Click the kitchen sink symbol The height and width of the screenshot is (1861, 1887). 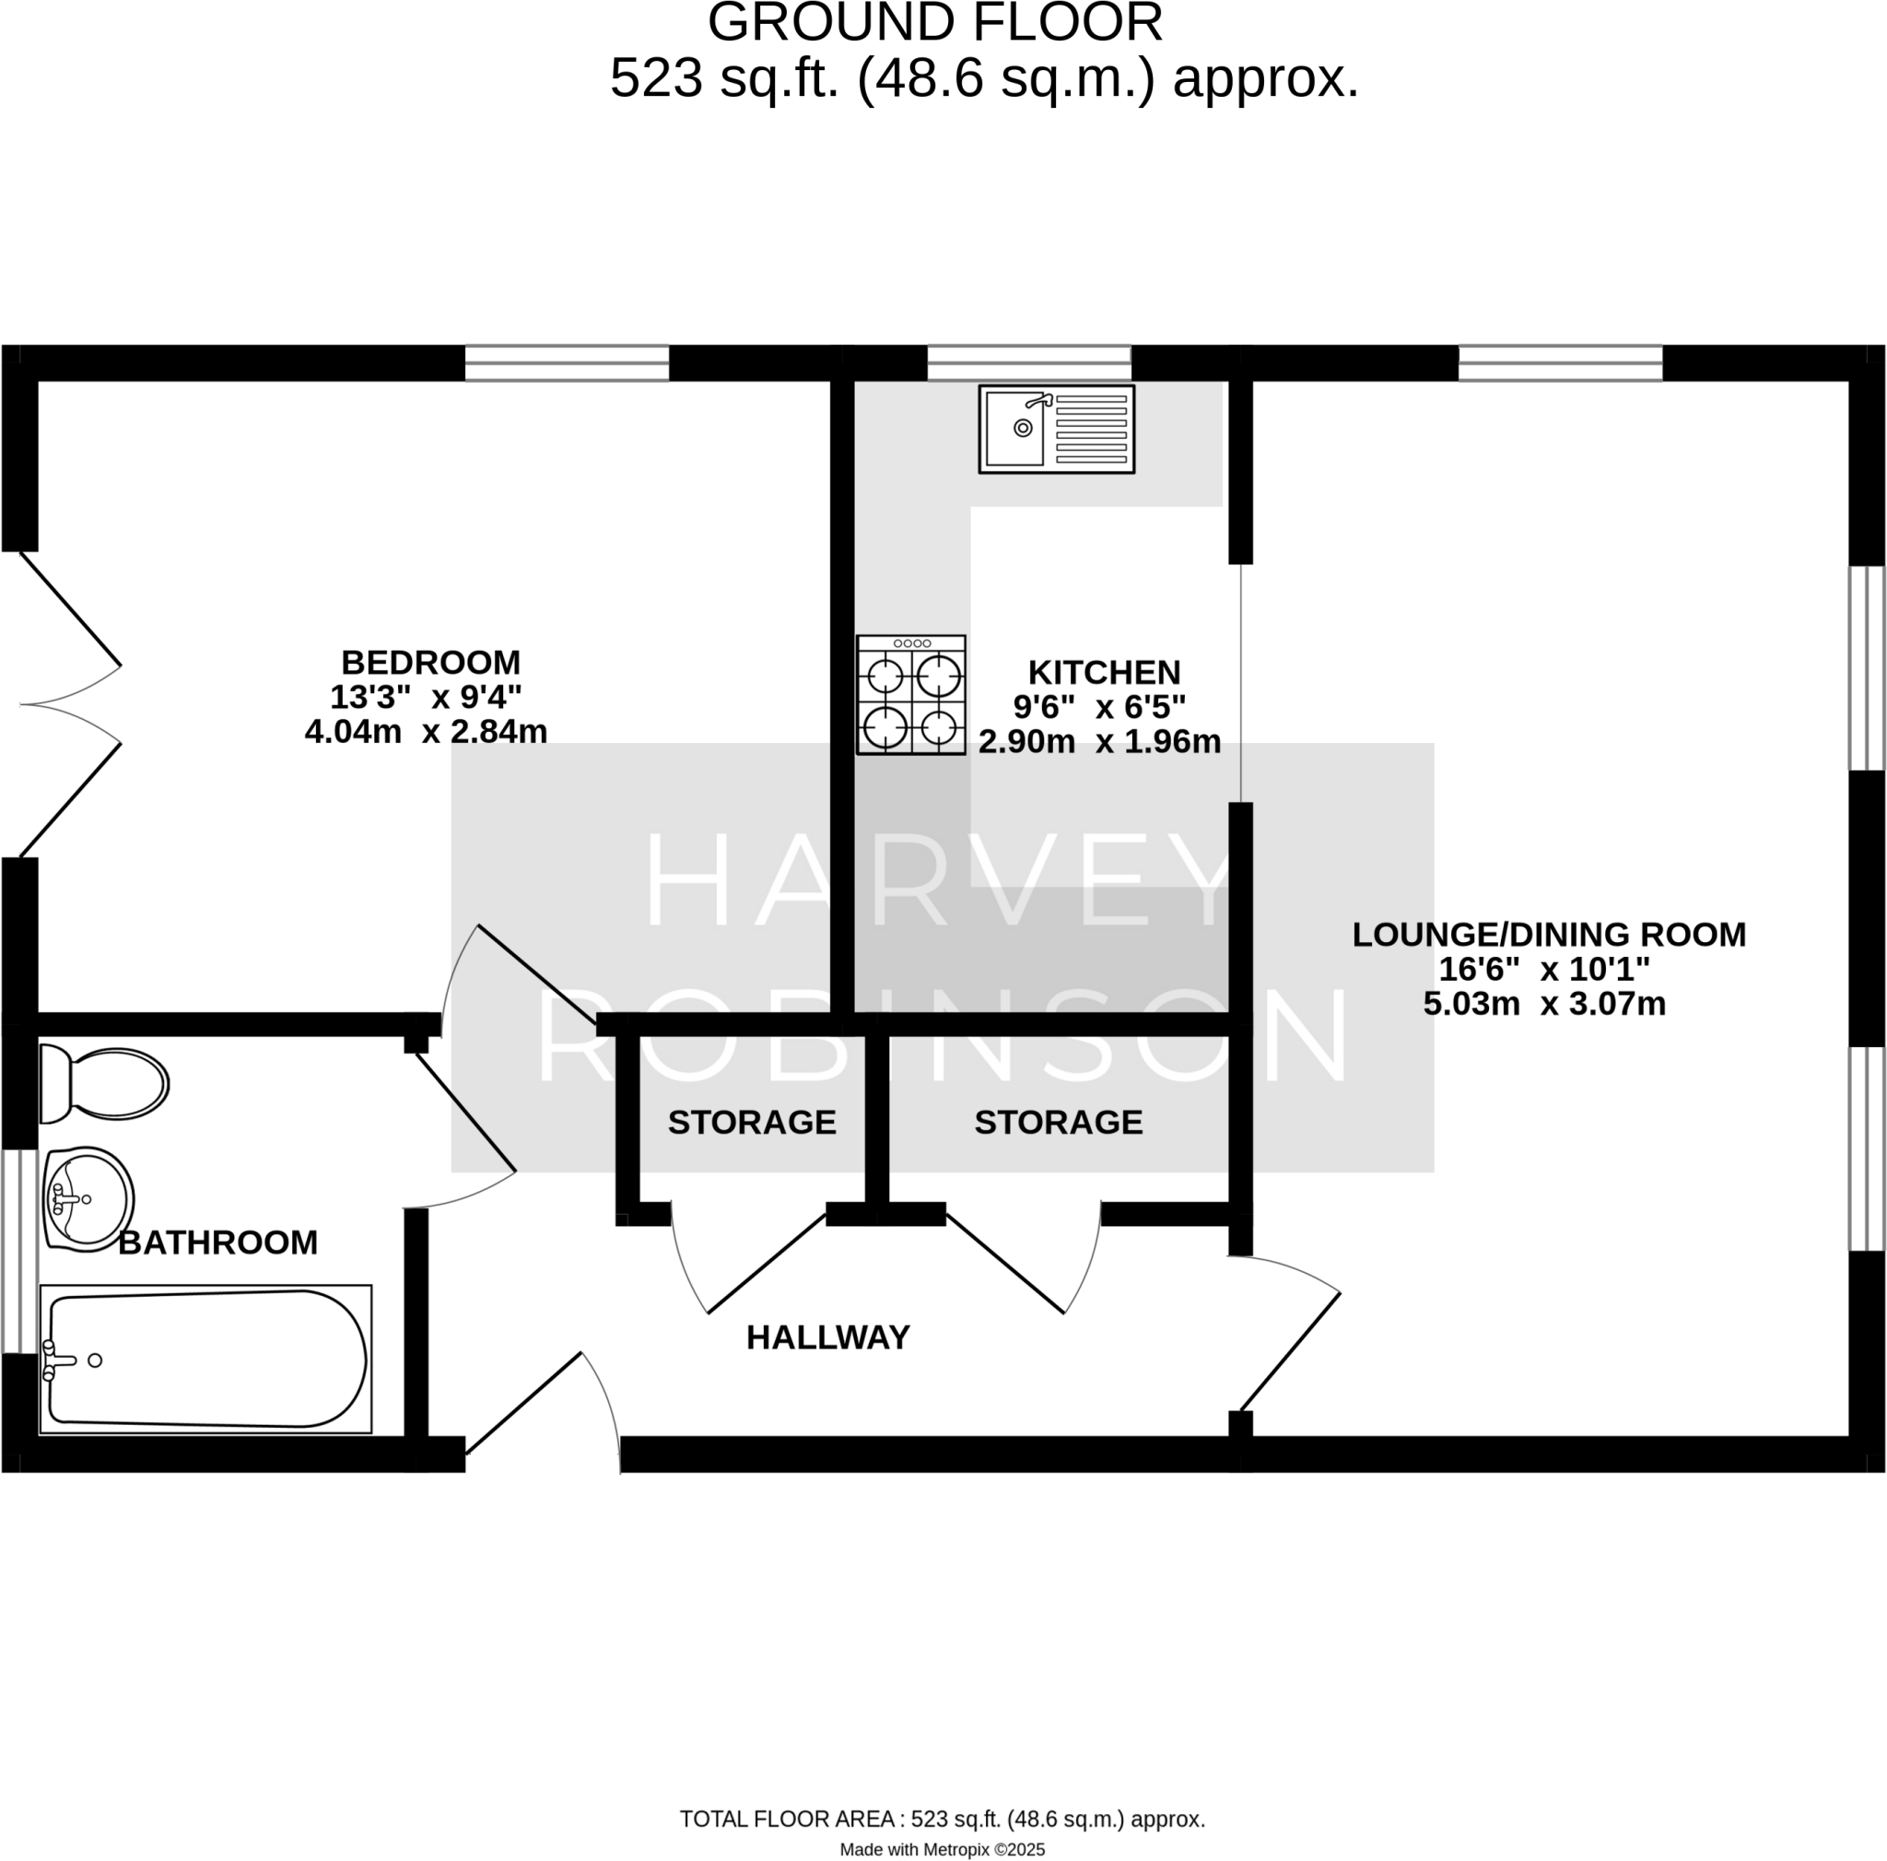1056,429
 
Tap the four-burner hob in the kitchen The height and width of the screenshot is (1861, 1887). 910,695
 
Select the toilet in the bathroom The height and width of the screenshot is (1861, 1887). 103,1084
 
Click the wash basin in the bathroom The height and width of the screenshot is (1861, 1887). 88,1198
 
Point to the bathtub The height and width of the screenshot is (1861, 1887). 205,1359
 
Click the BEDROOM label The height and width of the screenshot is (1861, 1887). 430,663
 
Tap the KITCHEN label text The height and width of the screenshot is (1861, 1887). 1104,672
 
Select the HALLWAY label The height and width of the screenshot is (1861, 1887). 827,1337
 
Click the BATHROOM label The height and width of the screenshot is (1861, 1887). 217,1243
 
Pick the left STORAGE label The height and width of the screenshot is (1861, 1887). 751,1123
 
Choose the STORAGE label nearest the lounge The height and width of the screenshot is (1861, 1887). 1058,1123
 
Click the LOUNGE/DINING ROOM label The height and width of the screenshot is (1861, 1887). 1548,935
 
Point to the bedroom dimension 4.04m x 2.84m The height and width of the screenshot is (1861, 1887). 426,732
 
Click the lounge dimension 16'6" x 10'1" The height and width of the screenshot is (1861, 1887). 1543,969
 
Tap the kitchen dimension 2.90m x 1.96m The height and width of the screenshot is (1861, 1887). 1099,742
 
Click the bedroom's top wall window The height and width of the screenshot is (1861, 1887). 567,362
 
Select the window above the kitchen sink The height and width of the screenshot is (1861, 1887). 1028,362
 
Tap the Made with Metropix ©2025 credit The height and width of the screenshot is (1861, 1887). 942,1849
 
